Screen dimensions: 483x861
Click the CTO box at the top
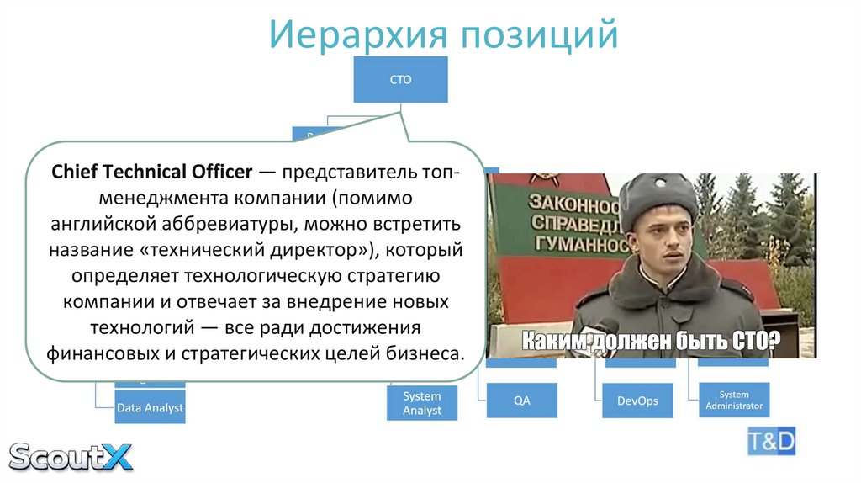(x=400, y=80)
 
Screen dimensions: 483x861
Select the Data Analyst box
(x=149, y=408)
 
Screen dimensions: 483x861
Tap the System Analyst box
(x=422, y=402)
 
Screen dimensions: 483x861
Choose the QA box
(x=522, y=401)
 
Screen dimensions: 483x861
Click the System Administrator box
(x=734, y=400)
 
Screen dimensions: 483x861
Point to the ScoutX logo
(x=71, y=457)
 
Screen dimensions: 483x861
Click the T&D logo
(x=771, y=441)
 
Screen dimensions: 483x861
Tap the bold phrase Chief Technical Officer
(x=152, y=172)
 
